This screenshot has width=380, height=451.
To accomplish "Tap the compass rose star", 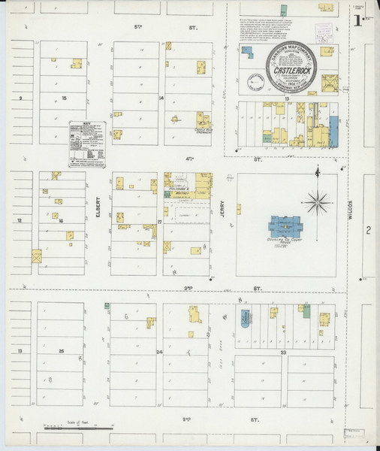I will [318, 201].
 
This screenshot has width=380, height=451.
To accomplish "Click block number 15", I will [65, 98].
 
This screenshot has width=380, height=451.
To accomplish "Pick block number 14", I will [161, 98].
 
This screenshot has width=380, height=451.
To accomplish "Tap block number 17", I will [160, 222].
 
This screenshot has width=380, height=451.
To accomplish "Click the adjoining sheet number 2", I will [368, 230].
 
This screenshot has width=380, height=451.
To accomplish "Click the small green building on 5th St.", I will [283, 9].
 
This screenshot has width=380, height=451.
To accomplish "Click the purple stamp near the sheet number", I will [324, 32].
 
